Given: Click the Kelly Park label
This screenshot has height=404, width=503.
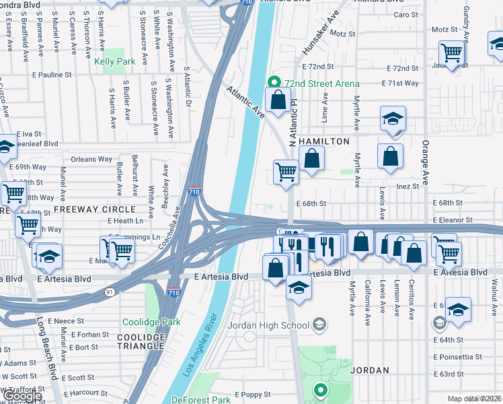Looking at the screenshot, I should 114,61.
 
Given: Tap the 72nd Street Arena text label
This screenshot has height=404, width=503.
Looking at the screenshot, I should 321,83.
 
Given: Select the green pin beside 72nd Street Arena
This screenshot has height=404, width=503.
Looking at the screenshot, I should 274,83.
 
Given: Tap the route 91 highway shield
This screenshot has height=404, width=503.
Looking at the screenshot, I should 109,291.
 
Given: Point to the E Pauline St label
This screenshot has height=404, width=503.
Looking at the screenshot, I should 51,75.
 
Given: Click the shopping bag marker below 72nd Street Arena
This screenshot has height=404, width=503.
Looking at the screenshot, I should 277,101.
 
